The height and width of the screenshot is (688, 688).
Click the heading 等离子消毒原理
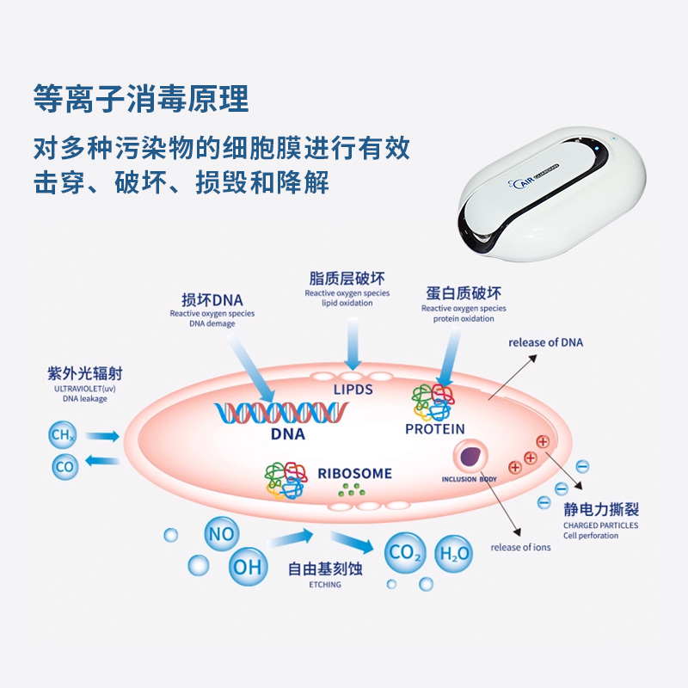140,99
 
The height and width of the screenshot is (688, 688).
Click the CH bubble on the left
63,436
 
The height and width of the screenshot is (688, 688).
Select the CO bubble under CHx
65,467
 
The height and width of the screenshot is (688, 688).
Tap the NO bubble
221,534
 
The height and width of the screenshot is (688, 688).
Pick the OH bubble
247,567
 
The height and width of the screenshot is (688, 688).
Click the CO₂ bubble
404,553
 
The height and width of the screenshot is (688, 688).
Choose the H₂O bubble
455,553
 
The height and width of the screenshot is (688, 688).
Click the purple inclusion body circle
471,457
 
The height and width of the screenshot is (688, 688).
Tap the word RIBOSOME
354,474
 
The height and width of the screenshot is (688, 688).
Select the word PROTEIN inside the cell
434,429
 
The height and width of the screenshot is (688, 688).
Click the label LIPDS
353,390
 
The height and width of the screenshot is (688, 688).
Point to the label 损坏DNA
212,300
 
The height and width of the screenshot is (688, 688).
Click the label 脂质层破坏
347,279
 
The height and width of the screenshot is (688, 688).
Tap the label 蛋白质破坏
464,293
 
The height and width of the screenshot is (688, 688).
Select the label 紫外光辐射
83,374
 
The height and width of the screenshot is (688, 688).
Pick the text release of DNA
545,342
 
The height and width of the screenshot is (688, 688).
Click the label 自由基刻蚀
325,568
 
